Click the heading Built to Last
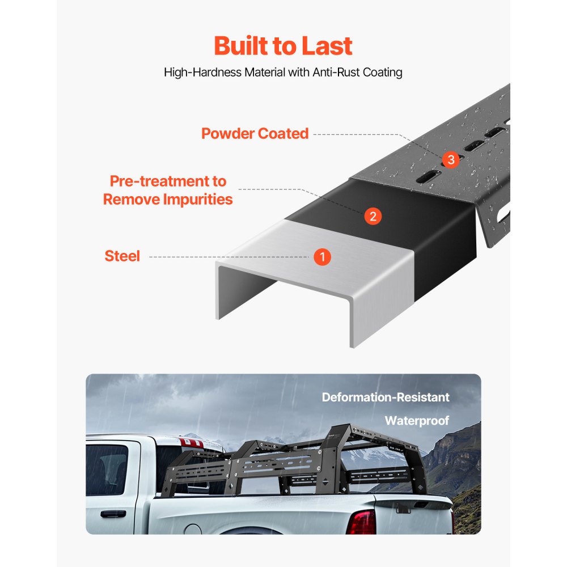pyautogui.click(x=283, y=46)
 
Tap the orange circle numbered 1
pyautogui.click(x=322, y=257)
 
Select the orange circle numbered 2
pyautogui.click(x=373, y=216)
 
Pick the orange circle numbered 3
pyautogui.click(x=451, y=160)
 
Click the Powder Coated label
pyautogui.click(x=255, y=134)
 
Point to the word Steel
pyautogui.click(x=122, y=256)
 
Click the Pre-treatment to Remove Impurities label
pyautogui.click(x=168, y=191)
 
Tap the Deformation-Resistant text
pyautogui.click(x=386, y=397)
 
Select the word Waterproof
pyautogui.click(x=417, y=421)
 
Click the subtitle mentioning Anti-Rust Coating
pyautogui.click(x=283, y=73)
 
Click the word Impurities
pyautogui.click(x=198, y=200)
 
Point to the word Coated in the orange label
pyautogui.click(x=283, y=134)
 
